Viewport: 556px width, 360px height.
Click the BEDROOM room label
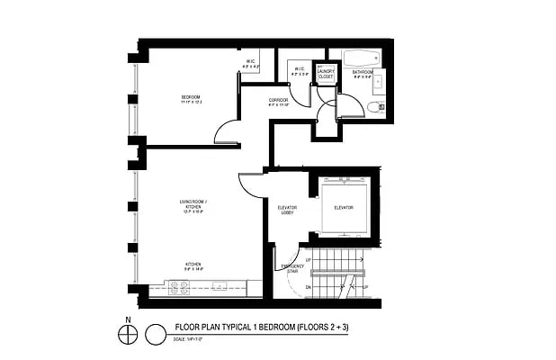click(x=190, y=96)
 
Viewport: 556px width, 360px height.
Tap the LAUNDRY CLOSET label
click(x=326, y=75)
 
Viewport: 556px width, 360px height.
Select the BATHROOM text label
click(x=363, y=72)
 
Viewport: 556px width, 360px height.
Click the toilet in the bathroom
click(x=375, y=107)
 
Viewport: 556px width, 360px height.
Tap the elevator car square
click(x=343, y=208)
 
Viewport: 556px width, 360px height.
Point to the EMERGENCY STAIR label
click(x=291, y=268)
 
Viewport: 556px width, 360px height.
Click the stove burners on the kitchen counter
click(x=179, y=288)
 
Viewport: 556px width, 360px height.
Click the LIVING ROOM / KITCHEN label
click(x=193, y=208)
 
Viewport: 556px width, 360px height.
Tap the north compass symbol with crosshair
click(x=130, y=334)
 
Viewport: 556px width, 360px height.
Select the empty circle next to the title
click(x=157, y=334)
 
